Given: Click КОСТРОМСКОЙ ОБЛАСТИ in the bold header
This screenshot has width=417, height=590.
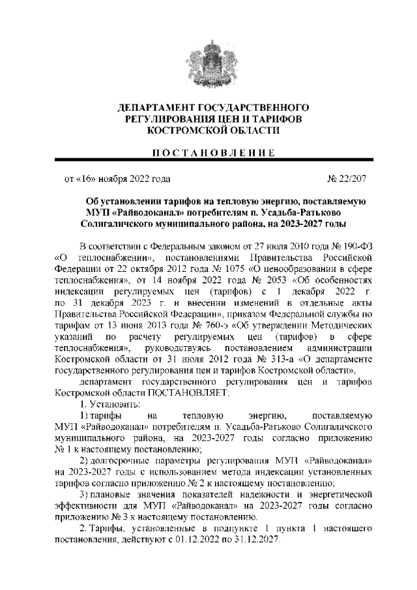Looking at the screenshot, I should pos(209,130).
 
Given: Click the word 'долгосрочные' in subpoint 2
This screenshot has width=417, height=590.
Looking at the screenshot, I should pos(122,461).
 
